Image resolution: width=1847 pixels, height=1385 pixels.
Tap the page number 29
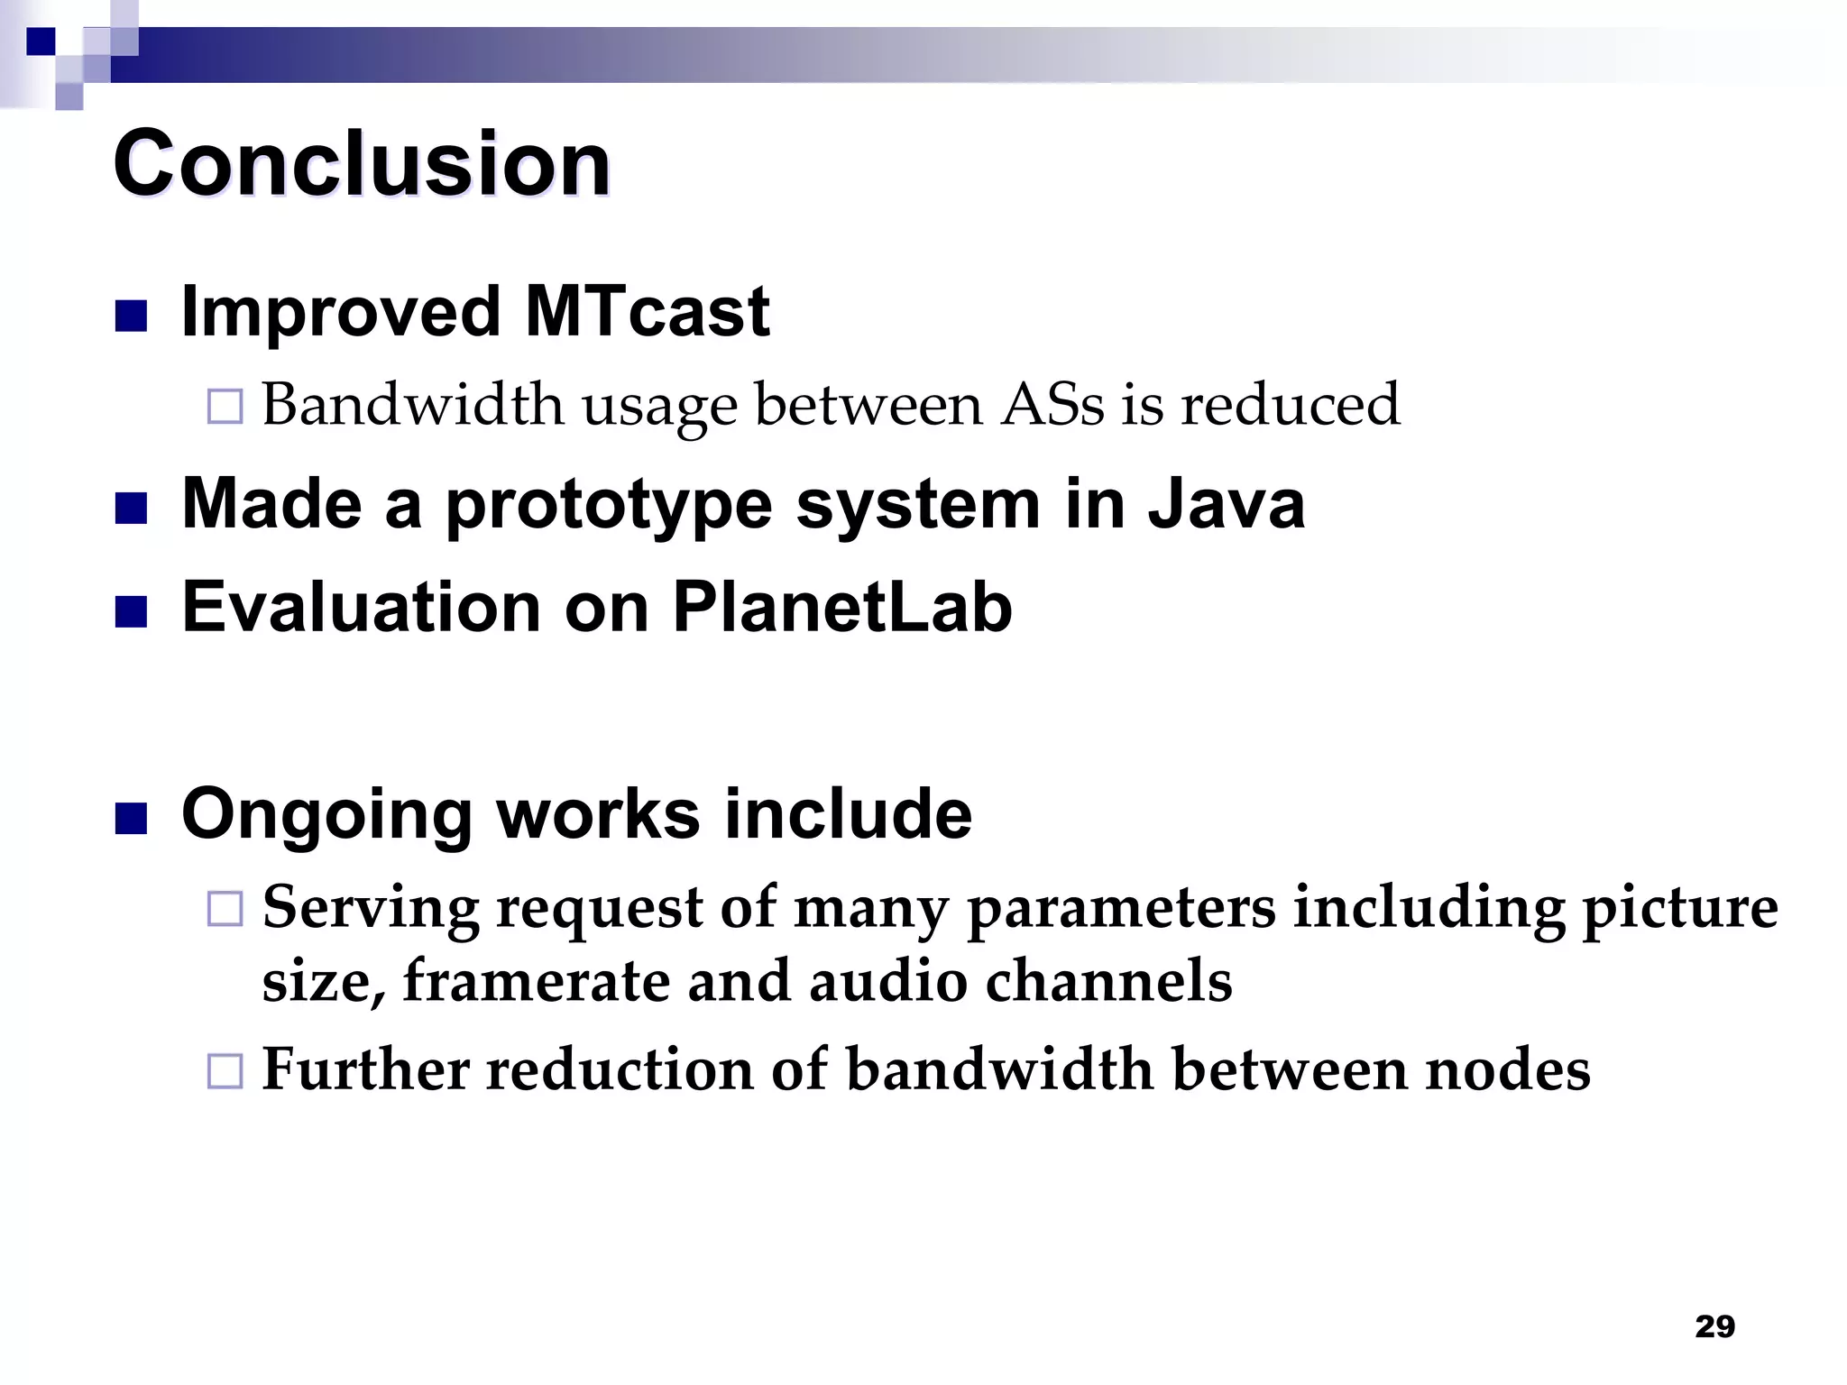[x=1714, y=1326]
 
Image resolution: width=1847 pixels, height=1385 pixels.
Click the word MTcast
[x=647, y=311]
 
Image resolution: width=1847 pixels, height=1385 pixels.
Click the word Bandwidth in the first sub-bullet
[x=412, y=404]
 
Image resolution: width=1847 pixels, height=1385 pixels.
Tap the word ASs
[x=1052, y=404]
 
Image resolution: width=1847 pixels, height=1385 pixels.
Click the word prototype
[x=609, y=505]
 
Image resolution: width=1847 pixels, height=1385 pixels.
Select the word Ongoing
[x=326, y=814]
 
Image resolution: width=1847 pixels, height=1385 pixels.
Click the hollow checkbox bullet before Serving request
[x=225, y=909]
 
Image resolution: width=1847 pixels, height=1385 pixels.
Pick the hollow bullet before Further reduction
[x=225, y=1071]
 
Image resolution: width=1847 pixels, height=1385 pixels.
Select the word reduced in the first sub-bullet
[x=1291, y=404]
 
